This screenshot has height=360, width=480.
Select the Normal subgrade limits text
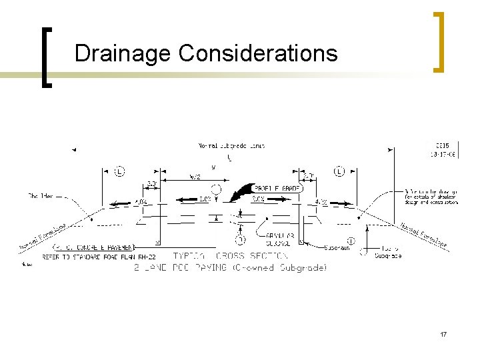tap(231, 146)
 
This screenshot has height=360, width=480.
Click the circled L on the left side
tap(119, 171)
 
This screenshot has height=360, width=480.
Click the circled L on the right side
tap(339, 171)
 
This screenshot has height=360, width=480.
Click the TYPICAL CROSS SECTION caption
tap(231, 256)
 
